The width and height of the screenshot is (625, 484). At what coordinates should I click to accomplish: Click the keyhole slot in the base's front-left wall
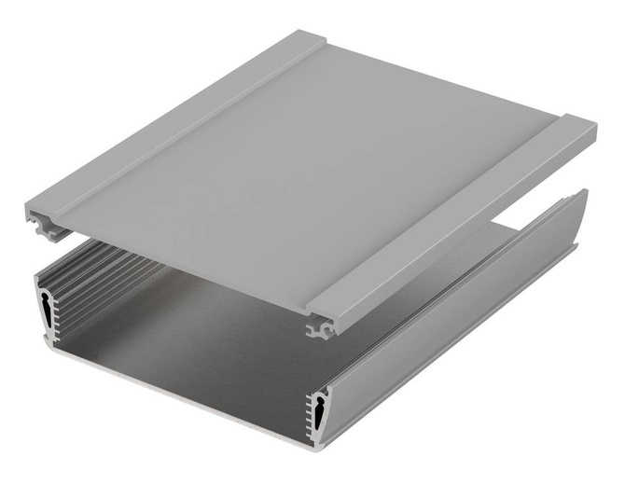[x=46, y=307]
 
